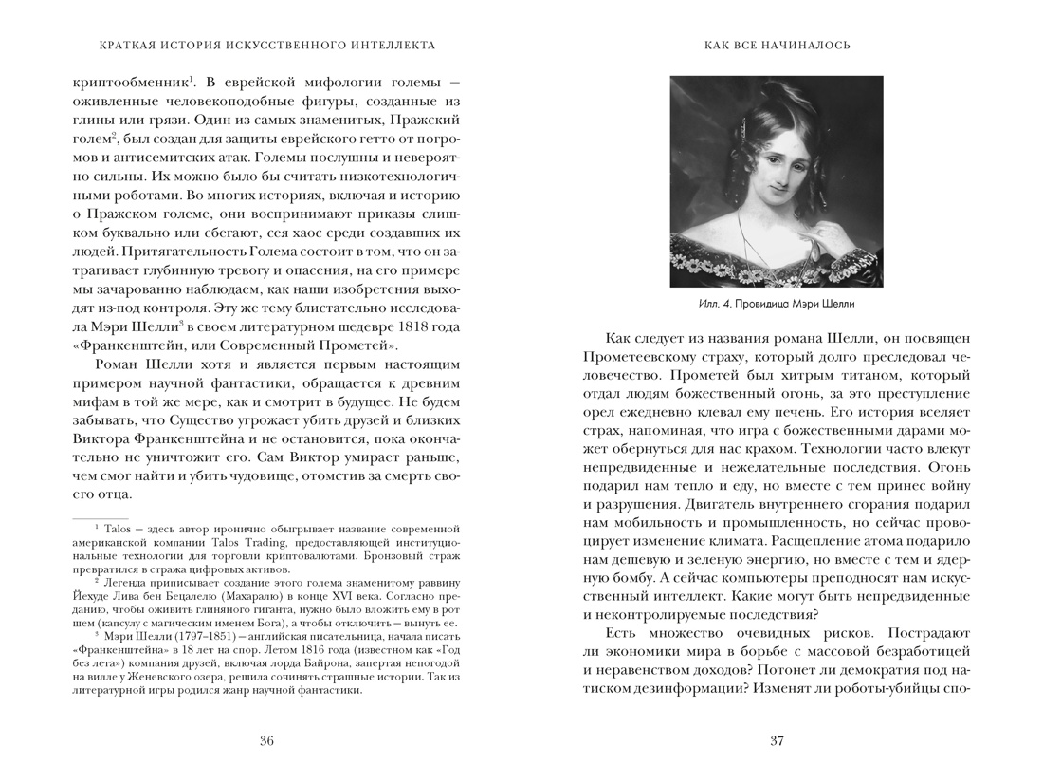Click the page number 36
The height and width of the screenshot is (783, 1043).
coord(266,741)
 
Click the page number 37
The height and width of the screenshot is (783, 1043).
coord(777,741)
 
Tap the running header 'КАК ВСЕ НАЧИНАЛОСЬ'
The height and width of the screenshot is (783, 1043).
coord(777,45)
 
